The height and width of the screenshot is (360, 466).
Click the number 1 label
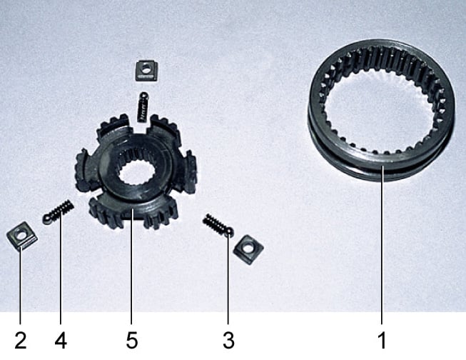[x=382, y=341]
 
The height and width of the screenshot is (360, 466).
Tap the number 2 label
[x=21, y=341]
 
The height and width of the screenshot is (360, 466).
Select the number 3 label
[x=228, y=341]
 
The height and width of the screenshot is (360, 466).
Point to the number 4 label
[x=61, y=341]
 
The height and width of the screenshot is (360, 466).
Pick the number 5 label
[x=131, y=341]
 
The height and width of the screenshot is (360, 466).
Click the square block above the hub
[x=146, y=71]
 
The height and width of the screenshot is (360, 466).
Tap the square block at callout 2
[x=21, y=236]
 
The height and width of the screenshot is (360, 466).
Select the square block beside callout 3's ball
[x=248, y=249]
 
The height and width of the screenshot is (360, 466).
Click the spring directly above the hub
[x=143, y=107]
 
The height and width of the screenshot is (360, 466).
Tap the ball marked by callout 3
[x=229, y=232]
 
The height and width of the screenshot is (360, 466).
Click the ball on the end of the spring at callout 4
[x=48, y=219]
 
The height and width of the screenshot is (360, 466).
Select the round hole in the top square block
[x=146, y=69]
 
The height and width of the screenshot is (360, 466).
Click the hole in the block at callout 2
[x=21, y=235]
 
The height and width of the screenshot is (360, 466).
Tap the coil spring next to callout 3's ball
[x=214, y=223]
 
